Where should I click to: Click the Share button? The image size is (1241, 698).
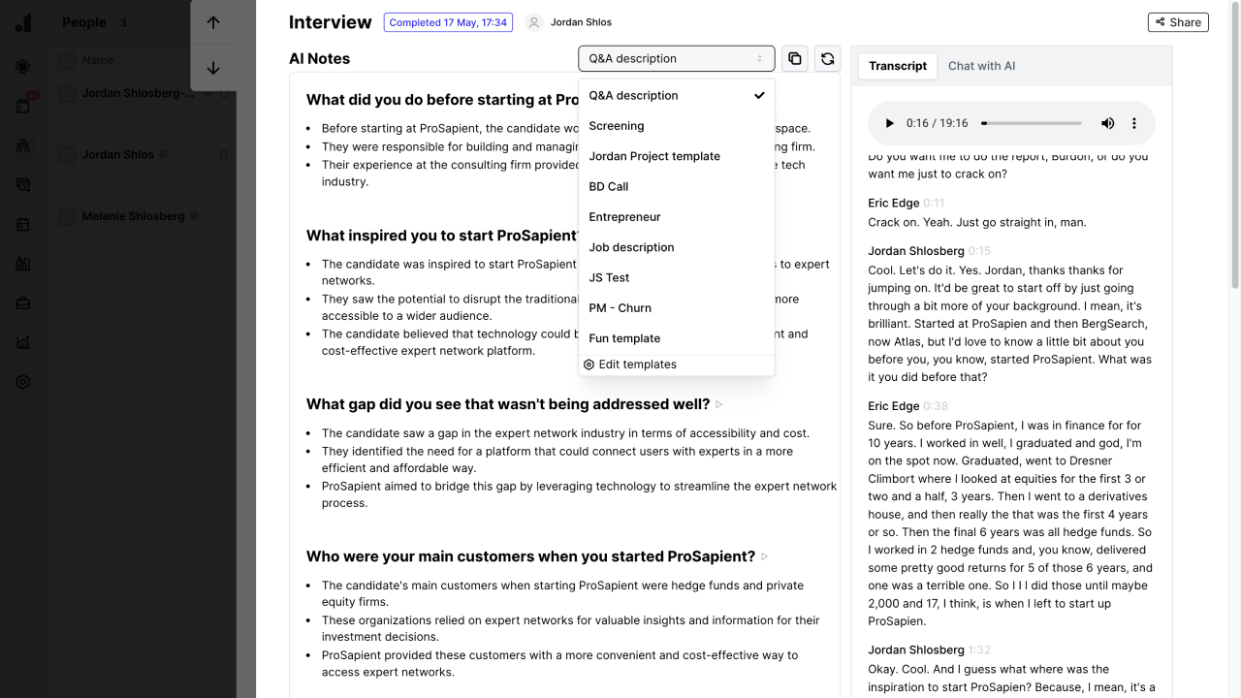coord(1178,22)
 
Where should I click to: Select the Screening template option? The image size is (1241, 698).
coord(617,126)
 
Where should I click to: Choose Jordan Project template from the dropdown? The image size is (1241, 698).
coord(654,156)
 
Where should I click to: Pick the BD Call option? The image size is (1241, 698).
coord(609,186)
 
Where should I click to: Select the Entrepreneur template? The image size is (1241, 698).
coord(624,217)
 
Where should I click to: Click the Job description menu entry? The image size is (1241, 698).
coord(631,247)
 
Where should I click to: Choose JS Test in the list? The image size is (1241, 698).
coord(609,277)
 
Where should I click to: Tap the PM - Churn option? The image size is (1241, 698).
coord(620,308)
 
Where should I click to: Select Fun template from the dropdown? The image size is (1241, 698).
coord(624,338)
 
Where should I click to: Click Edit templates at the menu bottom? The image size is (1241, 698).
coord(637,365)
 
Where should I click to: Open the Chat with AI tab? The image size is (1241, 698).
coord(981,66)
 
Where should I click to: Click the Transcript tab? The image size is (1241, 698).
coord(898,66)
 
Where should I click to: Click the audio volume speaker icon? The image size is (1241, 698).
coord(1107,123)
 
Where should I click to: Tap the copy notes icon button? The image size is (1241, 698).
coord(795,58)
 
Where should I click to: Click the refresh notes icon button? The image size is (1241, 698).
coord(827,58)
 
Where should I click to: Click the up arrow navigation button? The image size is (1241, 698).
coord(213,22)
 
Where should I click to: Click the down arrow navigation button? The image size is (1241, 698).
coord(213,68)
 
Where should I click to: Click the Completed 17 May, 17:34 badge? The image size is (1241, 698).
coord(448,22)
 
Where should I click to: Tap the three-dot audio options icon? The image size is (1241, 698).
coord(1134,123)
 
